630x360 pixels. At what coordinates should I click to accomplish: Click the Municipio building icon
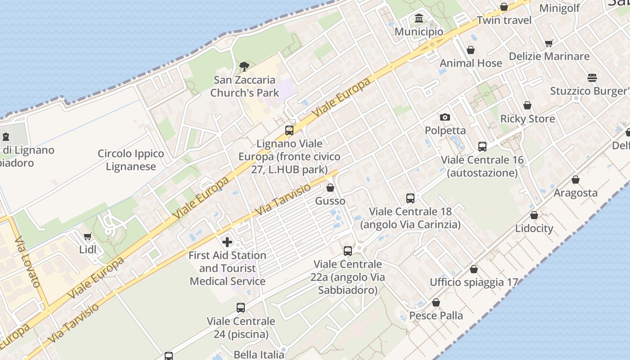(x=419, y=18)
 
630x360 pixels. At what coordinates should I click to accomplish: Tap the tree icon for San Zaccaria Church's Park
(x=244, y=67)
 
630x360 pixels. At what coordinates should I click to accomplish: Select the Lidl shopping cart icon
(x=87, y=236)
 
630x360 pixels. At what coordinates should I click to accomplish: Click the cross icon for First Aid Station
(x=227, y=242)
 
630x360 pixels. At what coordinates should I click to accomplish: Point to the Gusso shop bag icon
(x=330, y=188)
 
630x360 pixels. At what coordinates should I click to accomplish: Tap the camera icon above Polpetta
(x=445, y=117)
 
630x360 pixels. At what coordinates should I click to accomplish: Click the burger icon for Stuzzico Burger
(x=592, y=77)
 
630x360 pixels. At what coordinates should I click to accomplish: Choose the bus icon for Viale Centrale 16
(x=482, y=146)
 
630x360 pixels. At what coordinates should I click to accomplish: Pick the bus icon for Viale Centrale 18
(x=410, y=198)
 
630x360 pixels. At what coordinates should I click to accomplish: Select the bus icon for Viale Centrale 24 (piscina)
(x=241, y=308)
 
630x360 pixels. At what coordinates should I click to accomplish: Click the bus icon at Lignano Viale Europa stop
(x=289, y=130)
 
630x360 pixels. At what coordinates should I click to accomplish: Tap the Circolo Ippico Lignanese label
(x=131, y=160)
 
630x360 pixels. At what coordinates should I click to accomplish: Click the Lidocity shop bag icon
(x=534, y=215)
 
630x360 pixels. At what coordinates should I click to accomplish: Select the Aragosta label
(x=576, y=193)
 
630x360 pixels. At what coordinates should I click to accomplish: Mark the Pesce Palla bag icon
(x=436, y=302)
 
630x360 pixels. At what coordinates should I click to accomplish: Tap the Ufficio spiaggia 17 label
(x=474, y=283)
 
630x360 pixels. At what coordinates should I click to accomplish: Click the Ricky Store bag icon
(x=527, y=105)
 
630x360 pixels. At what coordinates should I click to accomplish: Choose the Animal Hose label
(x=471, y=63)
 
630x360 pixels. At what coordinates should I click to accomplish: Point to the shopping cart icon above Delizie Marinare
(x=549, y=43)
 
